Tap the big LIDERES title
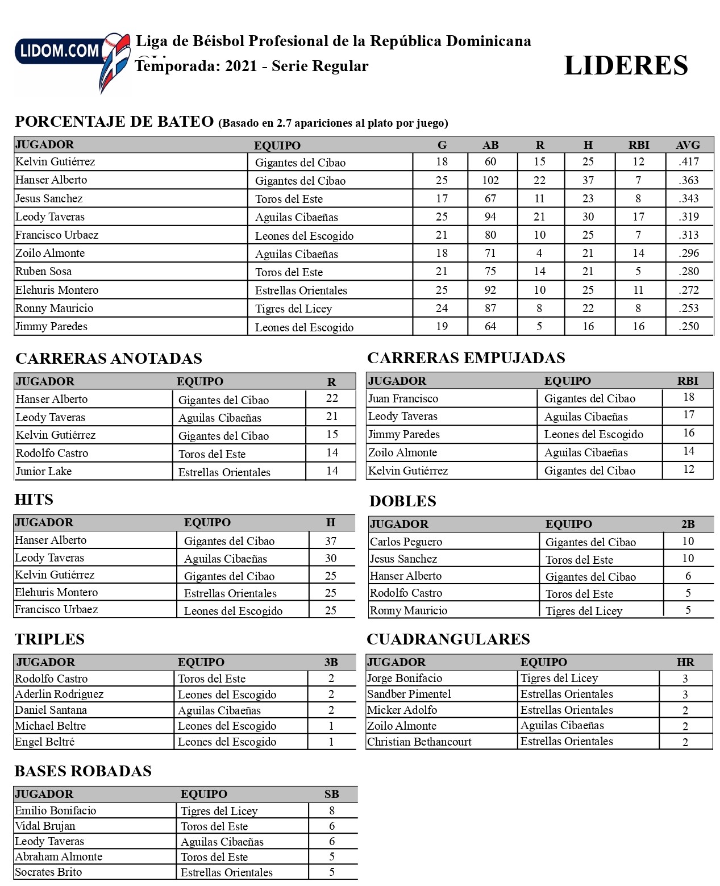(x=626, y=65)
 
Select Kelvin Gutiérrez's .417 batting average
(x=689, y=162)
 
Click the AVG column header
(x=688, y=145)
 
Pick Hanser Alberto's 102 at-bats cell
(x=490, y=180)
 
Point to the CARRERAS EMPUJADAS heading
(x=466, y=358)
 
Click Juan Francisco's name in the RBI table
(x=403, y=398)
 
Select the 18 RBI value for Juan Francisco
(x=689, y=397)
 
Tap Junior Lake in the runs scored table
(x=44, y=471)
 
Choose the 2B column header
(x=688, y=524)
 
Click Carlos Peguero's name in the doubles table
(x=406, y=542)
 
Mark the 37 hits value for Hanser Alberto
(x=331, y=541)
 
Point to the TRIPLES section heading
(x=49, y=639)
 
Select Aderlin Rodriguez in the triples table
(x=59, y=694)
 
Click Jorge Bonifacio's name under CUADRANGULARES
(x=404, y=678)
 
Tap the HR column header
(x=685, y=662)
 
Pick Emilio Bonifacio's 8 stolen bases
(x=332, y=810)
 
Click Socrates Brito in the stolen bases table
(x=48, y=872)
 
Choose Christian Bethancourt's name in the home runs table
(x=419, y=742)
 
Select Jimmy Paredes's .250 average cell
(x=689, y=326)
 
